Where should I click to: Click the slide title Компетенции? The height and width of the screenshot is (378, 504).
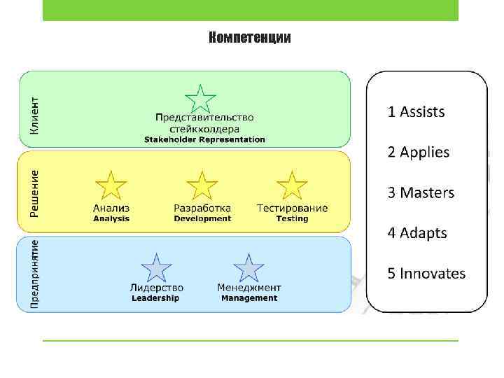click(x=250, y=38)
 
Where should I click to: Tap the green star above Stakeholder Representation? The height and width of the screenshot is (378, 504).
click(x=200, y=99)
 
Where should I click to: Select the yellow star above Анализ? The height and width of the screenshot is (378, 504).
click(x=111, y=187)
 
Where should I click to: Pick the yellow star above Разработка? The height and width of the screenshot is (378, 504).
click(x=202, y=187)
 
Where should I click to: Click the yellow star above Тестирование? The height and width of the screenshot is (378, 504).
click(x=292, y=187)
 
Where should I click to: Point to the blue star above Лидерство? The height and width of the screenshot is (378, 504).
click(x=157, y=269)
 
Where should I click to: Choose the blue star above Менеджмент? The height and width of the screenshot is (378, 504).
click(x=248, y=269)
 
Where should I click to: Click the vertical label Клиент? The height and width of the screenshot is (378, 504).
click(x=34, y=115)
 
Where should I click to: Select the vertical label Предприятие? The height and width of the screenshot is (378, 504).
click(x=34, y=274)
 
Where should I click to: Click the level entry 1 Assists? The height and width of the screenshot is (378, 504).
click(x=416, y=111)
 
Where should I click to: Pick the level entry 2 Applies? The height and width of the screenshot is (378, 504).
click(x=419, y=152)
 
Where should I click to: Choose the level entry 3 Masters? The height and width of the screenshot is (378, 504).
click(x=421, y=192)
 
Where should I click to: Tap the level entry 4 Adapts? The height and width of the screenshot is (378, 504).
click(x=417, y=233)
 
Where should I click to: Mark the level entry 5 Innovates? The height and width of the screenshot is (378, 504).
click(x=426, y=274)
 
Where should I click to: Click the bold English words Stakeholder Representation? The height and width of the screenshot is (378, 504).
click(x=204, y=139)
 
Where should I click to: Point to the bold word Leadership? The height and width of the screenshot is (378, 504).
click(x=155, y=298)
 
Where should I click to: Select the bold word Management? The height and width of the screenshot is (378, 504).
click(x=249, y=298)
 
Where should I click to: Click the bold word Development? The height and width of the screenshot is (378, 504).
click(x=202, y=219)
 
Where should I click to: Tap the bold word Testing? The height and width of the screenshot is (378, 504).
click(x=292, y=219)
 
